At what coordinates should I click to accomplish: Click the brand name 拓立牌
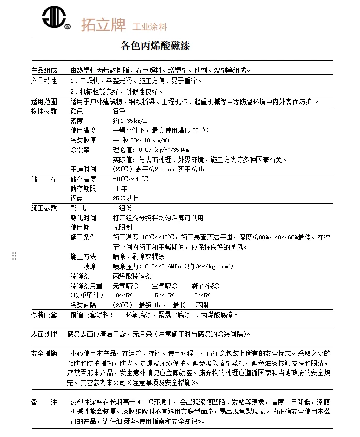tap(103, 24)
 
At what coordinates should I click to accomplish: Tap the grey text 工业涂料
tap(150, 26)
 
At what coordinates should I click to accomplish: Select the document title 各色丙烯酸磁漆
tap(155, 46)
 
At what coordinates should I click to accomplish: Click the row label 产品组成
tap(44, 70)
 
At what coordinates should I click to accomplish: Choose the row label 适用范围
tap(44, 102)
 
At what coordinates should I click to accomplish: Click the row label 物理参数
tap(44, 111)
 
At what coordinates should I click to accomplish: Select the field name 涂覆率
tap(80, 150)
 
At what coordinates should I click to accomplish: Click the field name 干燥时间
tap(83, 169)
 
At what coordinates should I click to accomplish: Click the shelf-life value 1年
tap(121, 188)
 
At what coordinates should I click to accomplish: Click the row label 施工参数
tap(44, 208)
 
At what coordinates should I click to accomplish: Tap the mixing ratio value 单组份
tap(122, 208)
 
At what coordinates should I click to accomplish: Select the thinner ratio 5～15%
tap(164, 295)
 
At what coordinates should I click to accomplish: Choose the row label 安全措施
tap(44, 353)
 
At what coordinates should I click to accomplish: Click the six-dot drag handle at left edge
tap(14, 255)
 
